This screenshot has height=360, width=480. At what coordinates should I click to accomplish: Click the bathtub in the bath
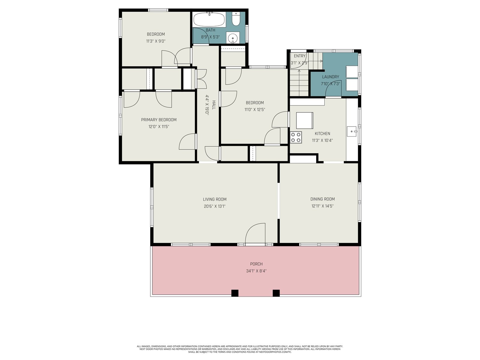(209, 19)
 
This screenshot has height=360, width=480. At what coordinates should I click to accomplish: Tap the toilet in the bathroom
(236, 19)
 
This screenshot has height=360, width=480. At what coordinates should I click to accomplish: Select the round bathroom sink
(233, 38)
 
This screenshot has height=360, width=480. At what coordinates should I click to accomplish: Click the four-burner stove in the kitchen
(296, 137)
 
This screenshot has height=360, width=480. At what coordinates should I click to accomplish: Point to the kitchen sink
(351, 131)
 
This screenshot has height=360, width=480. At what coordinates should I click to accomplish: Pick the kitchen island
(304, 120)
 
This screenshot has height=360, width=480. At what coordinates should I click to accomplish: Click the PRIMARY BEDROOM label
(158, 120)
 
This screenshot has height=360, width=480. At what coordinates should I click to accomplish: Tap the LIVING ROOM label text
(214, 199)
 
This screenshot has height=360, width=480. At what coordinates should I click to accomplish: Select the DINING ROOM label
(322, 199)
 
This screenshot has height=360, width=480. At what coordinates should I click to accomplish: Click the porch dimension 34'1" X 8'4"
(256, 271)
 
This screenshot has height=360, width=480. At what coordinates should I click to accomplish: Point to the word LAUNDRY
(330, 77)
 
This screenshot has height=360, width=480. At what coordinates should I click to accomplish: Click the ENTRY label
(299, 56)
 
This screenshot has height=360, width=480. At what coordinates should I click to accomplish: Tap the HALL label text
(214, 105)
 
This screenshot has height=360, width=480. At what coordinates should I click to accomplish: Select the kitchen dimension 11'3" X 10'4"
(322, 140)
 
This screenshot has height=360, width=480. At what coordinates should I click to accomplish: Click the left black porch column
(235, 293)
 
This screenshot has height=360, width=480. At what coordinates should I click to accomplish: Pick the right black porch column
(276, 293)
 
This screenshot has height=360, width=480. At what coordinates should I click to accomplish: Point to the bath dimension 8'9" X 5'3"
(210, 37)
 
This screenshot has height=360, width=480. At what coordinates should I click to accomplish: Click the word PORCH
(256, 264)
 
